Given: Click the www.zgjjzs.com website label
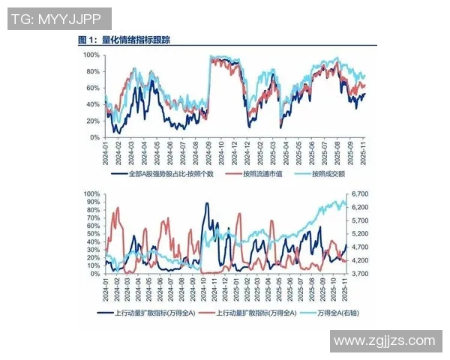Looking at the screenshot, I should [x=384, y=340].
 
